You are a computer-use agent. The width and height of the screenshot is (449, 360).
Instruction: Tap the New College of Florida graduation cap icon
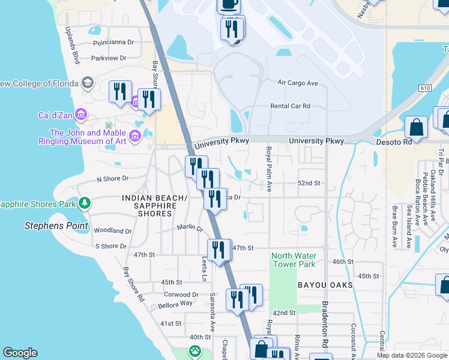[x=88, y=83]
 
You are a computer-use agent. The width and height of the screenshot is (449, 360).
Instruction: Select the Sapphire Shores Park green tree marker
[x=85, y=204]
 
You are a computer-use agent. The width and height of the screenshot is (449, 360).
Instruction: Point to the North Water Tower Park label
[x=294, y=260]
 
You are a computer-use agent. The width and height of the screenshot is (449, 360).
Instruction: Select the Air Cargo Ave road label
[x=297, y=83]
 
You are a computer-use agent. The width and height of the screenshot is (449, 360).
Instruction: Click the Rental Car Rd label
[x=290, y=106]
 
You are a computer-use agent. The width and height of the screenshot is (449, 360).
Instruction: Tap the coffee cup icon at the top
[x=229, y=4]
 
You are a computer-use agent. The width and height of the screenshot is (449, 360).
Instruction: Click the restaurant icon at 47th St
[x=218, y=250]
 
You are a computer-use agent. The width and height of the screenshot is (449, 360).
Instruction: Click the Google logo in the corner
[x=20, y=353]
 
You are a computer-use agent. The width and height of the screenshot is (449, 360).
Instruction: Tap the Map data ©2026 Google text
[x=411, y=355]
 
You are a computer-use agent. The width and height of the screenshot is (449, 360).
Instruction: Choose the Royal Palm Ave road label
[x=270, y=170]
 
